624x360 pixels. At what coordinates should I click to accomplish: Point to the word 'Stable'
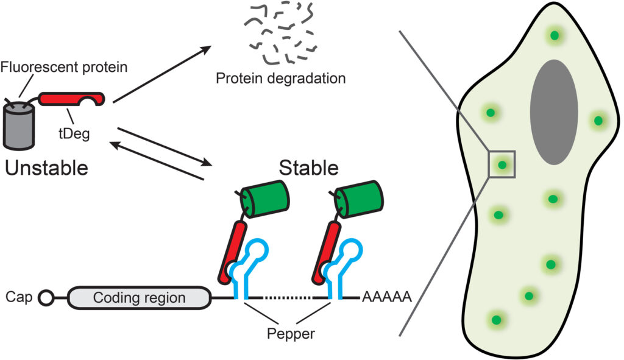(309, 166)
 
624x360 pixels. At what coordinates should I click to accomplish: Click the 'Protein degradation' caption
(281, 79)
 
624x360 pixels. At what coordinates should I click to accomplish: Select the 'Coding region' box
(139, 298)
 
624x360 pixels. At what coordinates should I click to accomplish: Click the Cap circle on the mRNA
(46, 298)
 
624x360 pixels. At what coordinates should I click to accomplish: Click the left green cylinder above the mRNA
(266, 199)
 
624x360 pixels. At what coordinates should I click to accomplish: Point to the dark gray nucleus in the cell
(553, 112)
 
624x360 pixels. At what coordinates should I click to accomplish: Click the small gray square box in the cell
(502, 164)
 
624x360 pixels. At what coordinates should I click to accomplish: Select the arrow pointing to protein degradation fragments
(163, 74)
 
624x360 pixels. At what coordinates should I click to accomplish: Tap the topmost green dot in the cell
(554, 36)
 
